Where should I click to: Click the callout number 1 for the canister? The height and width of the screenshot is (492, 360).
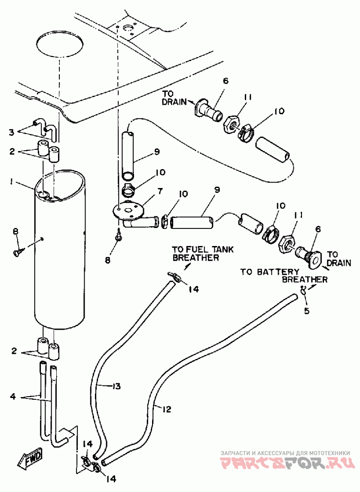point(12,182)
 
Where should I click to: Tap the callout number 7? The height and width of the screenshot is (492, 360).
point(160,191)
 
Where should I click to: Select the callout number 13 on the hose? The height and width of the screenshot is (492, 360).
point(116,386)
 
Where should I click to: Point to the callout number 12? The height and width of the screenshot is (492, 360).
point(166,409)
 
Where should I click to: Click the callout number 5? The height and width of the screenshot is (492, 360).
point(306,311)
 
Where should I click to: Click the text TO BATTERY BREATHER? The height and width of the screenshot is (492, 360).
point(284,276)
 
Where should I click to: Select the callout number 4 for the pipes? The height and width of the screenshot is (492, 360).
point(13,396)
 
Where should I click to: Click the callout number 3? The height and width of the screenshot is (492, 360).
point(11,132)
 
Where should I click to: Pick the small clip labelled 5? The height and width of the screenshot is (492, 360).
point(303,290)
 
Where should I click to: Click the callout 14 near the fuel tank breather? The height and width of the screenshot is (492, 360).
point(194,288)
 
